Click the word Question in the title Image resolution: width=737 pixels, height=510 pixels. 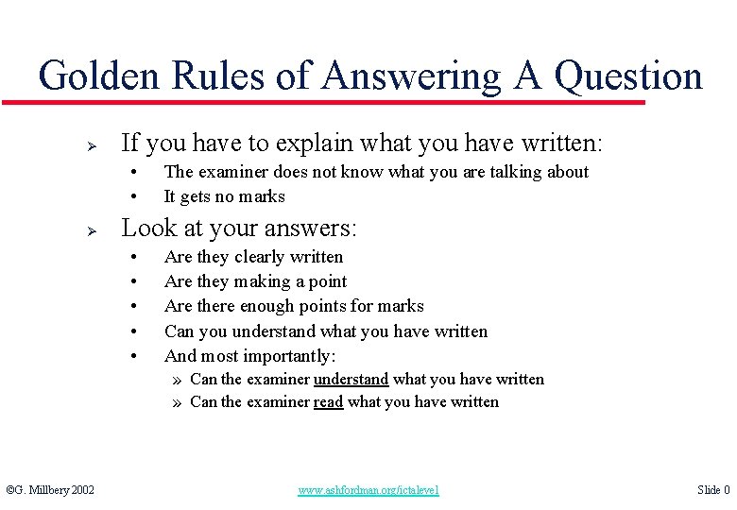[628, 75]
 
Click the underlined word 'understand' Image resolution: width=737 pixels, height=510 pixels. [351, 379]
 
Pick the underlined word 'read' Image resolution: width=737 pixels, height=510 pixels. [328, 401]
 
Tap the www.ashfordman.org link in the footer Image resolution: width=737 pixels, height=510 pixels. [368, 490]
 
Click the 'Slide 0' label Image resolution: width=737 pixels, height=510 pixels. [713, 490]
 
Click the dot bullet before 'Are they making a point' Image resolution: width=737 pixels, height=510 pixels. [136, 281]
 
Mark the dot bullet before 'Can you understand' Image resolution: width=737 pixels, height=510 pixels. [136, 331]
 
